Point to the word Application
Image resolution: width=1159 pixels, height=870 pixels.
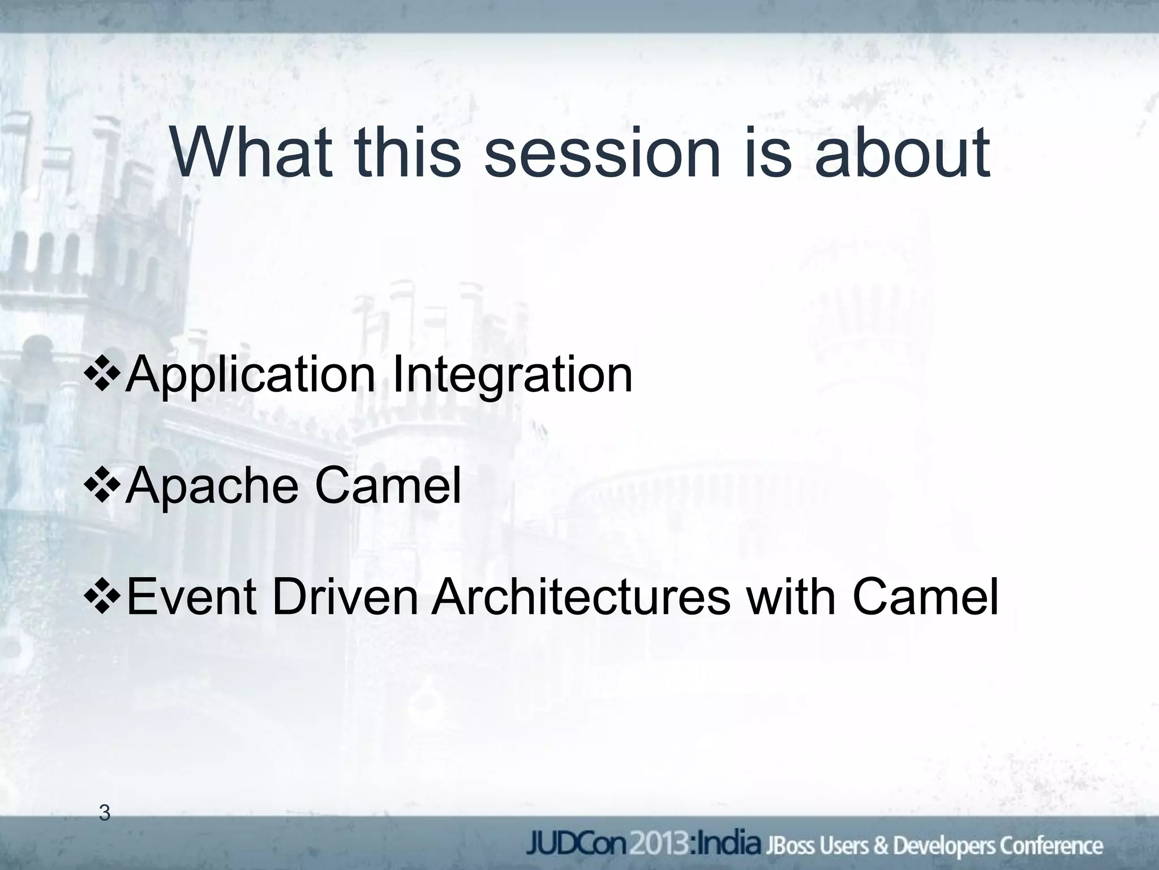(250, 376)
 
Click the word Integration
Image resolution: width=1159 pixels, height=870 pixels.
(512, 376)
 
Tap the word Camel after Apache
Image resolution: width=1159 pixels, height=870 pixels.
(388, 485)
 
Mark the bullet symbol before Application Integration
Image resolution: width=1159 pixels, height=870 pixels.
(102, 375)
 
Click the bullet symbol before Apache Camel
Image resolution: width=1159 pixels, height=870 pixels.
(102, 486)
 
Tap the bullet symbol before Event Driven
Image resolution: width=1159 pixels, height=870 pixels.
(102, 597)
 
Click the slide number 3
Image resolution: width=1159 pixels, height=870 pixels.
(104, 813)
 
